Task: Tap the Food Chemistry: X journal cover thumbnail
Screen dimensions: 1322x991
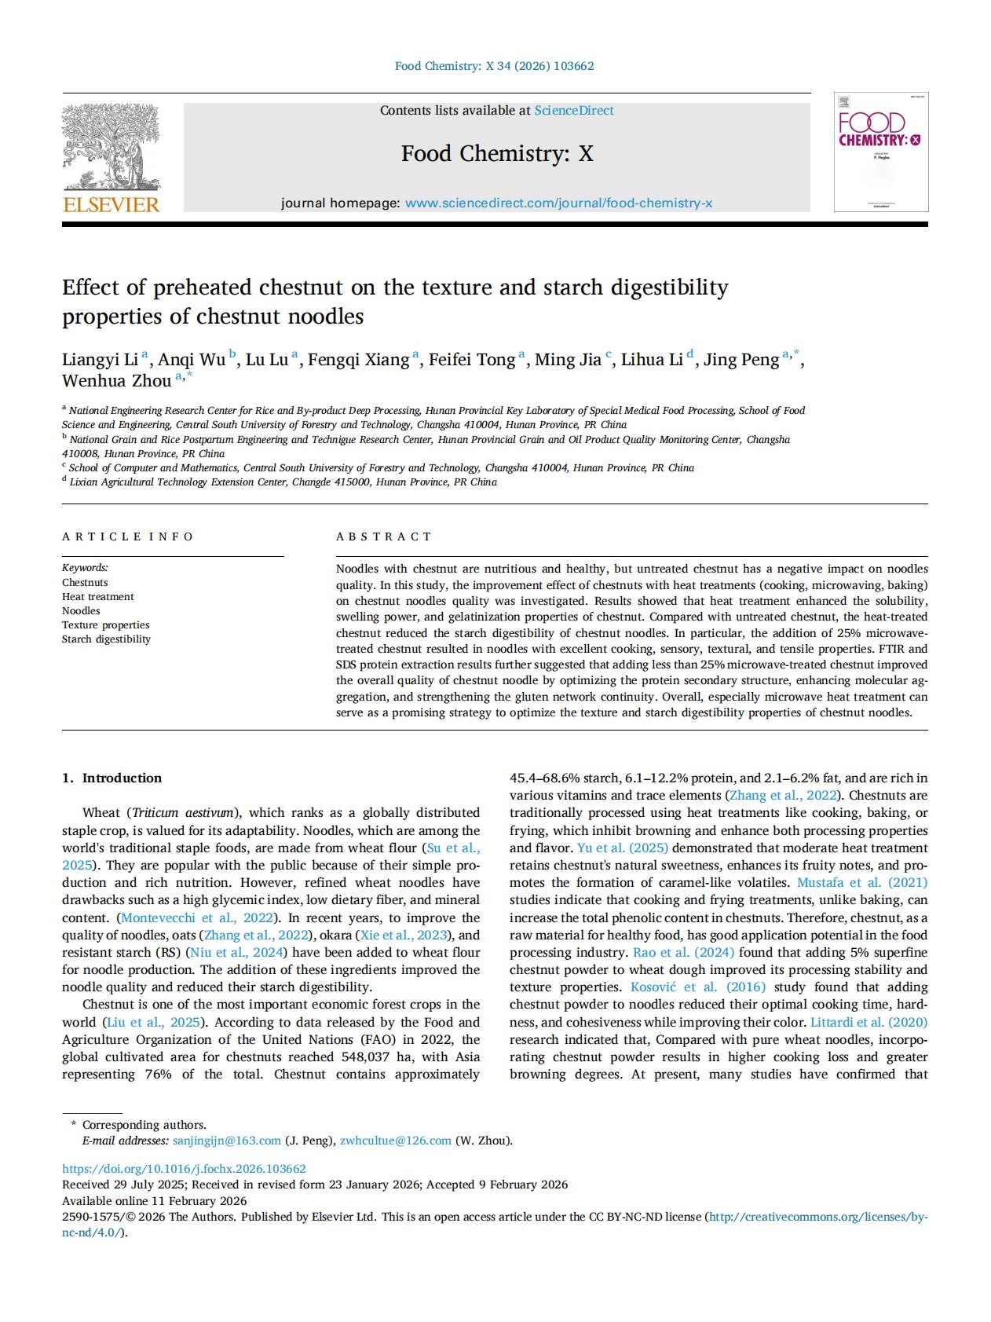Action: click(x=880, y=152)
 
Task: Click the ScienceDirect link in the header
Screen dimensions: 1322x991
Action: click(x=574, y=111)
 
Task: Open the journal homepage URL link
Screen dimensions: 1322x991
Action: click(x=558, y=203)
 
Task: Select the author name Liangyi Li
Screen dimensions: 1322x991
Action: click(x=100, y=360)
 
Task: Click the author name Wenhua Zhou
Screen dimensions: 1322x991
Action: click(x=116, y=381)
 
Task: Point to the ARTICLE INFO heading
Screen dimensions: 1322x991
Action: click(x=128, y=536)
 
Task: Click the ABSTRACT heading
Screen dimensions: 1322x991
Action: click(x=384, y=536)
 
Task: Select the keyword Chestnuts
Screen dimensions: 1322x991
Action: click(x=85, y=583)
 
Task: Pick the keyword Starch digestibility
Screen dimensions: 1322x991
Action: click(x=106, y=639)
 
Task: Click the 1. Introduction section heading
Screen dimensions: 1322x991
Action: click(x=112, y=778)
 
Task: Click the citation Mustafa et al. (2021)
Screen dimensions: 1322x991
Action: click(x=862, y=883)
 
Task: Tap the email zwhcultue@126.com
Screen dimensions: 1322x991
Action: click(x=395, y=1141)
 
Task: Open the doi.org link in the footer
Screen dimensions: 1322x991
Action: click(x=184, y=1169)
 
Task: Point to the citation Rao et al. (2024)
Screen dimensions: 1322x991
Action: click(x=683, y=952)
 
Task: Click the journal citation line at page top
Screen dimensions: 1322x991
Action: click(x=494, y=66)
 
